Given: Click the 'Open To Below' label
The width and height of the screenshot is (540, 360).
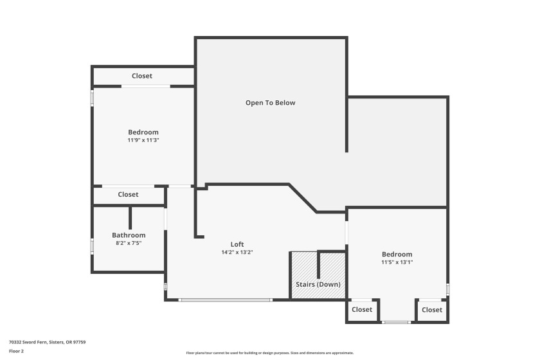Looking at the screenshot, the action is [x=271, y=103].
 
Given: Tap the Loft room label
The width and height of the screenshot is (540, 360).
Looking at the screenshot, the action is [x=237, y=244].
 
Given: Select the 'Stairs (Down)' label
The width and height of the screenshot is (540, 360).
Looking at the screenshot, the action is [x=318, y=284].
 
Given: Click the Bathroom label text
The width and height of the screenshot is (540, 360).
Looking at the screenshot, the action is [x=129, y=235].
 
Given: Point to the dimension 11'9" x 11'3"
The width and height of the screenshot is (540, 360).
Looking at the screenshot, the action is [x=143, y=140].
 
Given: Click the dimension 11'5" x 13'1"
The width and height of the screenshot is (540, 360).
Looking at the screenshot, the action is [x=397, y=262].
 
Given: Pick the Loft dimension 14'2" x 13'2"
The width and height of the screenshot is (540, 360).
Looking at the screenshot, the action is [x=237, y=252].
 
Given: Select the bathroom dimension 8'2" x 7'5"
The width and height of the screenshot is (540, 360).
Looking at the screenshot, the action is [x=129, y=243].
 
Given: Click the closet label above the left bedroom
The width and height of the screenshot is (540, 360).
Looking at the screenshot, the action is [x=142, y=76].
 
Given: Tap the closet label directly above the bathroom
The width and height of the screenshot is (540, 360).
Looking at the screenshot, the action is [x=128, y=194].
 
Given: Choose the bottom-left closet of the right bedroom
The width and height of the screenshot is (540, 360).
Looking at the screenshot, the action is [x=362, y=310].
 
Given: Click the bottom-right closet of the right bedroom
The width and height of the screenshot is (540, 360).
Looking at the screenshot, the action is [x=432, y=310].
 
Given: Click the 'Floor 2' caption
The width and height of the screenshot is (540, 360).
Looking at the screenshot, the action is [x=16, y=351].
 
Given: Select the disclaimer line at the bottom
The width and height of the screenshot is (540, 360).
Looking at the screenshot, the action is [x=269, y=353].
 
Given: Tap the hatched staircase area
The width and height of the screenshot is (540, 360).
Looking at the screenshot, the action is [x=318, y=275].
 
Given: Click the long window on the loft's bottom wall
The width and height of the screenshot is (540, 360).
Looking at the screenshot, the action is [x=226, y=300].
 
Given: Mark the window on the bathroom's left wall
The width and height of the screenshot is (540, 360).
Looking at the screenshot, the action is [x=92, y=247].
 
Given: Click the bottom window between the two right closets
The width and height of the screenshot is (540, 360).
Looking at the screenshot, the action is [x=396, y=323].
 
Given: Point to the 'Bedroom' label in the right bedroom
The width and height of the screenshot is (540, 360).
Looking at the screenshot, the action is [x=397, y=254].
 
